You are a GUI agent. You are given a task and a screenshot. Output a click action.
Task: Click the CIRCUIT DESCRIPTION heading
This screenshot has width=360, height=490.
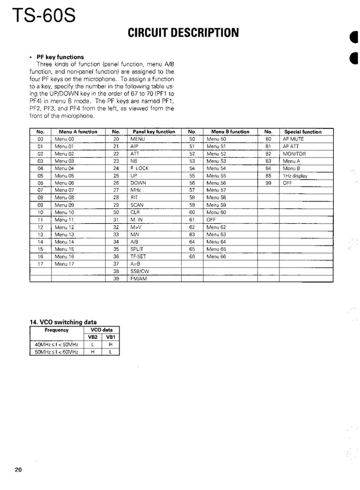(x=183, y=33)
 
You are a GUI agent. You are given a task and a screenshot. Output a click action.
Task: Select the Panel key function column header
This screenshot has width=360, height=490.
(x=154, y=132)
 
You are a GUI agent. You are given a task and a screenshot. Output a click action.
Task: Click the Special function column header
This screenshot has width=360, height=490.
(x=303, y=132)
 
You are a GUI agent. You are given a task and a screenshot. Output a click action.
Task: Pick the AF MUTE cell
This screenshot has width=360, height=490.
(x=292, y=139)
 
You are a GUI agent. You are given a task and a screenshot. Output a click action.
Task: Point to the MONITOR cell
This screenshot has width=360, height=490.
(x=294, y=154)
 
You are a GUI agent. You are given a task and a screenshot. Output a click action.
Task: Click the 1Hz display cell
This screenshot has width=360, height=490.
(x=295, y=176)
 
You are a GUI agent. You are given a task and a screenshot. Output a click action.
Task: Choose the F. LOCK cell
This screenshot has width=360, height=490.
(x=139, y=169)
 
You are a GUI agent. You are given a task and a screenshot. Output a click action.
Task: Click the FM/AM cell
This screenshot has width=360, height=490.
(x=139, y=279)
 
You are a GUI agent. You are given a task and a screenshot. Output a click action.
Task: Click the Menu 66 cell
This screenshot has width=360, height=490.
(x=215, y=256)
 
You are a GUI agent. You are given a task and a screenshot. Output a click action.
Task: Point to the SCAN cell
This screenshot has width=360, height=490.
(x=137, y=205)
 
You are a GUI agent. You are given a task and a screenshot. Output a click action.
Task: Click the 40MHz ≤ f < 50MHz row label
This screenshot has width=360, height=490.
(x=56, y=345)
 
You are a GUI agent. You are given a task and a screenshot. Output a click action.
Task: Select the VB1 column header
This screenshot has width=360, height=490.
(x=111, y=337)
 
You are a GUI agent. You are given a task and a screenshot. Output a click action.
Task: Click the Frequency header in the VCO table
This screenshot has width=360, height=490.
(x=56, y=330)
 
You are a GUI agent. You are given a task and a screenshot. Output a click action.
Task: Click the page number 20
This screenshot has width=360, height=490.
(x=19, y=470)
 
